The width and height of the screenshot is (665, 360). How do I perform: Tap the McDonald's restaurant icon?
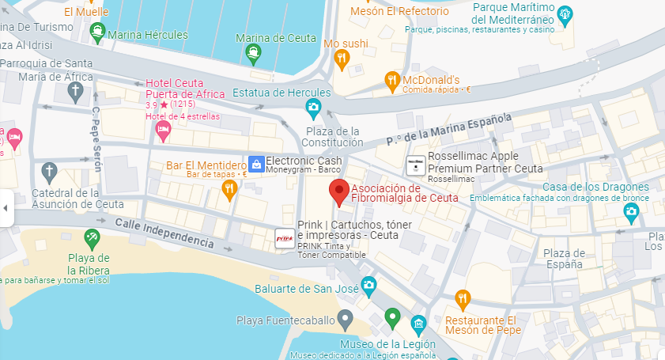click(391, 80)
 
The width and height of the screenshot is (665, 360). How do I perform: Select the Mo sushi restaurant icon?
click(341, 58)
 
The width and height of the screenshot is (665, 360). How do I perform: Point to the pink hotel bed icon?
click(164, 128)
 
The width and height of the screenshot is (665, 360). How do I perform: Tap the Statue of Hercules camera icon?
click(314, 107)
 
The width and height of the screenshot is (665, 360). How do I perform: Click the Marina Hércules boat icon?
click(97, 34)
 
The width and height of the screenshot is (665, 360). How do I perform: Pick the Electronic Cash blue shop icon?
click(255, 164)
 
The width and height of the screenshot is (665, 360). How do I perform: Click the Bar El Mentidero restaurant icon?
click(229, 188)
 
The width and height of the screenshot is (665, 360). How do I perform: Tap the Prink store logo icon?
click(285, 237)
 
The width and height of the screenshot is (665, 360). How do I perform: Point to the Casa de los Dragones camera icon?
click(631, 211)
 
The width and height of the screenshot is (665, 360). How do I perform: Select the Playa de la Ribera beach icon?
click(92, 237)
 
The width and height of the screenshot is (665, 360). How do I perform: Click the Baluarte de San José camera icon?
click(368, 286)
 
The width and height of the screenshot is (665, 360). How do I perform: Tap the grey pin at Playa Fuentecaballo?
click(344, 320)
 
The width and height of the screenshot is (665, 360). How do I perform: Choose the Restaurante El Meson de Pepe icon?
click(463, 299)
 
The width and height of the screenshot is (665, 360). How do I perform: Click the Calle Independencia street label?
click(164, 234)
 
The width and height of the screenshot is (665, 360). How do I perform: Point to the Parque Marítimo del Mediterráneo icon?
click(565, 13)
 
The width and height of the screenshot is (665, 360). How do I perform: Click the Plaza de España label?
click(564, 259)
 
